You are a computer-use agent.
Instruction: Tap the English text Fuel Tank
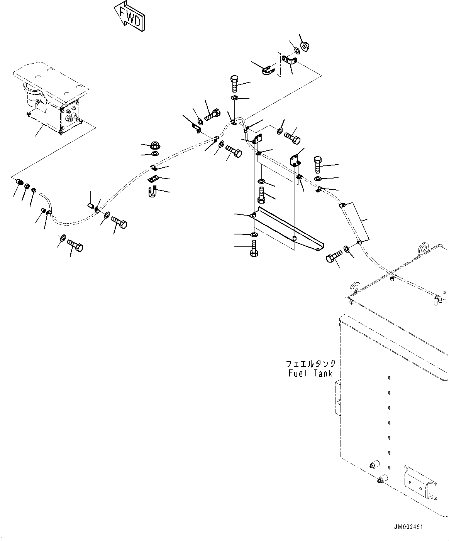click(310, 373)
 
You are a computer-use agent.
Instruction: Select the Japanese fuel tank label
click(310, 364)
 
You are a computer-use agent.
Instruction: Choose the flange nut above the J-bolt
click(155, 146)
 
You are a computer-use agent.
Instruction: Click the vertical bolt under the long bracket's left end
click(254, 248)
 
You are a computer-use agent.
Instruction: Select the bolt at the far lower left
click(75, 246)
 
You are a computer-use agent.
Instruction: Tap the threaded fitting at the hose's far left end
click(19, 182)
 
